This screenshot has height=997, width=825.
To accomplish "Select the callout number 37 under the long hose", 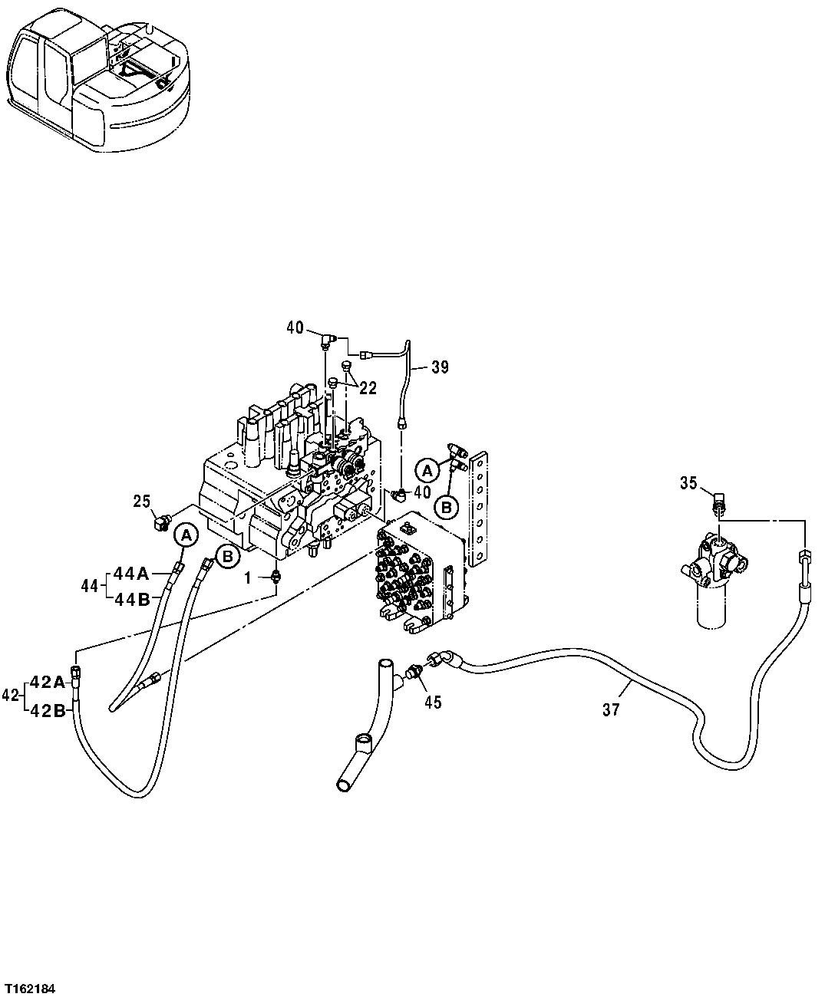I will tap(611, 710).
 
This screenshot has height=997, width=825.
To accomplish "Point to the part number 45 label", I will tap(433, 702).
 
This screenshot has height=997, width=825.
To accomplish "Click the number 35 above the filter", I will tap(688, 482).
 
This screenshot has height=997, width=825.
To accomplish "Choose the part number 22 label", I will tap(368, 389).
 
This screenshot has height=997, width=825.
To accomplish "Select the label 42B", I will tap(48, 710).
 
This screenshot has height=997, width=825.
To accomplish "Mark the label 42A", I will tap(48, 682).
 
